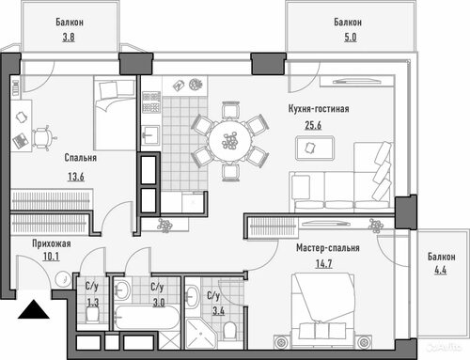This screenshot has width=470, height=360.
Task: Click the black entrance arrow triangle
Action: point(34,309)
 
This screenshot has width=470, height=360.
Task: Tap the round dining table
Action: point(230,141)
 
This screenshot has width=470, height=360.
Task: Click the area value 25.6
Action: point(313,125)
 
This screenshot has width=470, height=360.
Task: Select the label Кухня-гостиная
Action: point(319,109)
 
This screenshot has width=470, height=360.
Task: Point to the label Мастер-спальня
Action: point(328,248)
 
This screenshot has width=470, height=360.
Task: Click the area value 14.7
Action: point(323,263)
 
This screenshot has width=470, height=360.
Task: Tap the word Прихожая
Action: point(52,243)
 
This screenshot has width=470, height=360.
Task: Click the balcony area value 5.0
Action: point(351,38)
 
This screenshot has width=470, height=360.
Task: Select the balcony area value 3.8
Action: point(69,38)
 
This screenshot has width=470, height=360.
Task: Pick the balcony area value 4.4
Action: point(440,270)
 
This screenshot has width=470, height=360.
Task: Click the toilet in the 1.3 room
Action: point(92,314)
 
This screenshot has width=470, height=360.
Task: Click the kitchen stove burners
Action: point(151,102)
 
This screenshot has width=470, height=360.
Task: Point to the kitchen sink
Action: point(150,134)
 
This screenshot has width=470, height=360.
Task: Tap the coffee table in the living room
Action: point(315,148)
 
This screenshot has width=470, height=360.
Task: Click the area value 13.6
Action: point(76,177)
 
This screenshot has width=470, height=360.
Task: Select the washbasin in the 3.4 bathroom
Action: point(193,296)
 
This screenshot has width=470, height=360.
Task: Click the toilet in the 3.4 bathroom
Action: point(230,330)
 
